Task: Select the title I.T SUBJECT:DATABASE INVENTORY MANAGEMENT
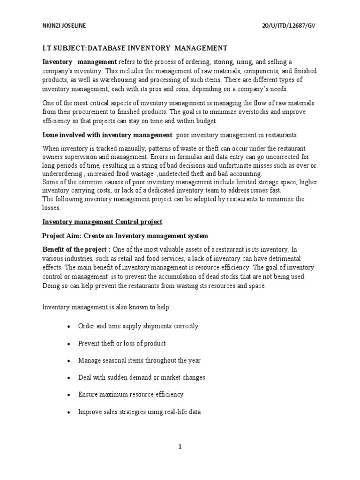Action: tap(135, 48)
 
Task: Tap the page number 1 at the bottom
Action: tap(180, 446)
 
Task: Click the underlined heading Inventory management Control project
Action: tap(103, 222)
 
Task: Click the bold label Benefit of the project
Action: tap(76, 249)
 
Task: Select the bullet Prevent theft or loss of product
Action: tap(122, 344)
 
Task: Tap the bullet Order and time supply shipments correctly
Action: tap(138, 326)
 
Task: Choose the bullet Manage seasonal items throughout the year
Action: tap(139, 360)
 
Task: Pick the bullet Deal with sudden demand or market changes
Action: tap(142, 377)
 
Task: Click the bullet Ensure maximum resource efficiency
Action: tap(131, 394)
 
